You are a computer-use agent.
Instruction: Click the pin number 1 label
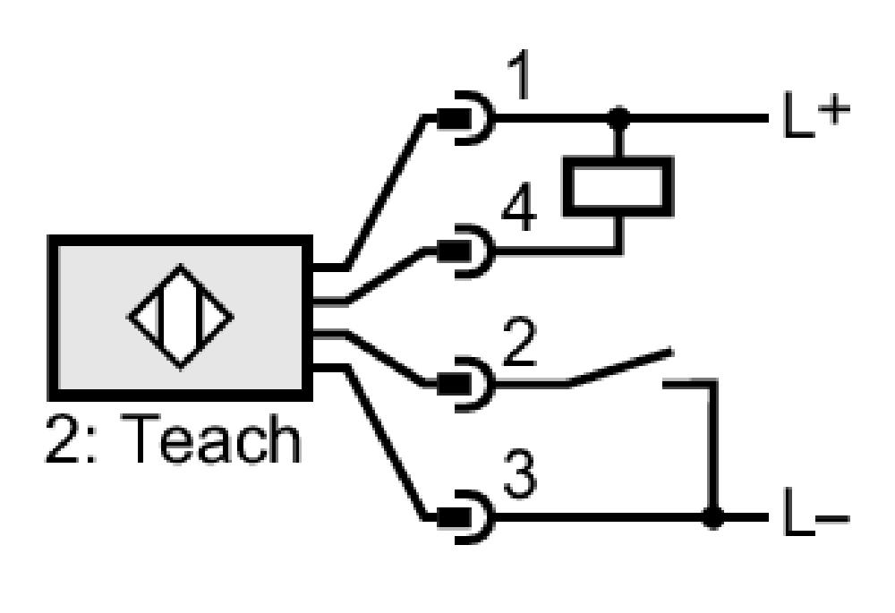[x=521, y=73]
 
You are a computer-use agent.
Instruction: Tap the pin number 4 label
[x=519, y=207]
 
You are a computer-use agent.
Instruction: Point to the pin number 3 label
[x=520, y=475]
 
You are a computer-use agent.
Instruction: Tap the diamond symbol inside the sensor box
[x=181, y=317]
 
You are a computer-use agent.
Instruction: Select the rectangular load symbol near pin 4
[x=618, y=186]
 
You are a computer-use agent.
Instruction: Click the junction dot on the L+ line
[x=618, y=119]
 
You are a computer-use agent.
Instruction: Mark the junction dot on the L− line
[x=712, y=517]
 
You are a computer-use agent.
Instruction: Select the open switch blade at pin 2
[x=621, y=368]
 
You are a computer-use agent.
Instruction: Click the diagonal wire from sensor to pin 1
[x=386, y=192]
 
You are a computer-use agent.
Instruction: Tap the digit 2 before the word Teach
[x=62, y=438]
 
